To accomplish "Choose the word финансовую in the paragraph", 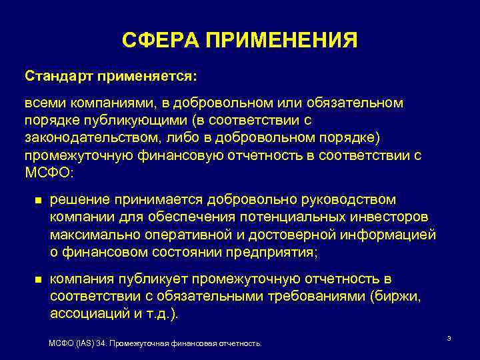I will coord(175,154).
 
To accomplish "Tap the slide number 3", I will coord(449,339).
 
